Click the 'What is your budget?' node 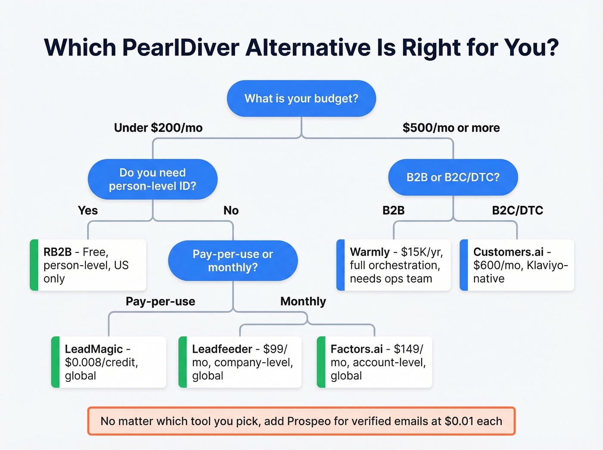pyautogui.click(x=301, y=99)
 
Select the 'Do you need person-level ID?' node pyautogui.click(x=152, y=179)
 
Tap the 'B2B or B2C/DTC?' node pyautogui.click(x=453, y=177)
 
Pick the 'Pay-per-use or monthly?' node pyautogui.click(x=233, y=261)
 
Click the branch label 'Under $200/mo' pyautogui.click(x=158, y=128)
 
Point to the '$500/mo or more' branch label pyautogui.click(x=451, y=128)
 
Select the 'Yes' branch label pyautogui.click(x=88, y=211)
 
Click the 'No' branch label pyautogui.click(x=231, y=211)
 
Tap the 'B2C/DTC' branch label pyautogui.click(x=517, y=211)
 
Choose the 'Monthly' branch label pyautogui.click(x=303, y=301)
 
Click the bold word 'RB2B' pyautogui.click(x=57, y=252)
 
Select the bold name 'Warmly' pyautogui.click(x=370, y=252)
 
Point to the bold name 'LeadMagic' pyautogui.click(x=93, y=349)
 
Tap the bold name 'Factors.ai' pyautogui.click(x=356, y=349)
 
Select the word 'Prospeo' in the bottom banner pyautogui.click(x=309, y=421)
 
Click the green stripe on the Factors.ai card pyautogui.click(x=321, y=362)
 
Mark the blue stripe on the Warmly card pyautogui.click(x=340, y=265)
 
